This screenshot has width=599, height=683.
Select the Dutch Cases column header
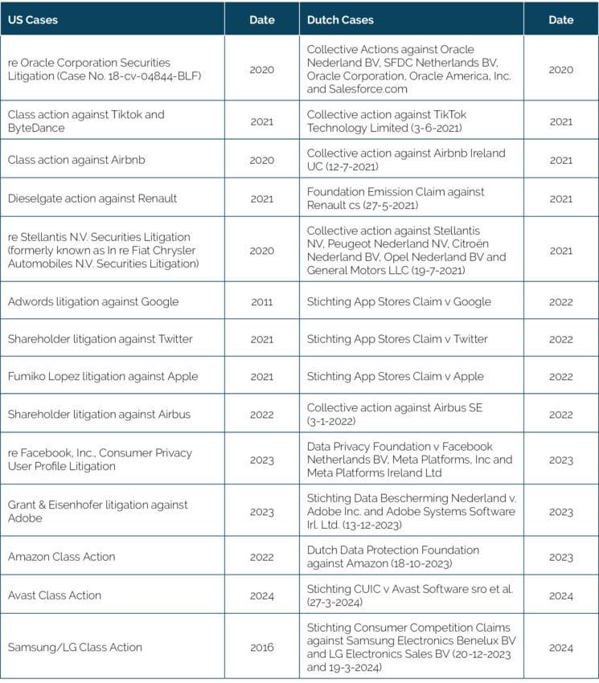tap(340, 19)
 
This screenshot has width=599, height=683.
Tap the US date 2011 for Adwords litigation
tap(261, 302)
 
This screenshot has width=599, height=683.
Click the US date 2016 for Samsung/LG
tap(261, 647)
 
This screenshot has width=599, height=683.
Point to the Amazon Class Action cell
tap(61, 557)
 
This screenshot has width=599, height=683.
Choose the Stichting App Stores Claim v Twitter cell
tap(397, 339)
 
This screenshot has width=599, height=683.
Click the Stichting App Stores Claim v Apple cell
tap(395, 376)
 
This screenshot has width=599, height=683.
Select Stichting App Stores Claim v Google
tap(396, 302)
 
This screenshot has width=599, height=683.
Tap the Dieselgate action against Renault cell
tap(92, 198)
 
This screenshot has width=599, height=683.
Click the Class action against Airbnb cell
tap(76, 160)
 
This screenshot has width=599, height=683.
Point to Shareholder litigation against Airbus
tap(101, 415)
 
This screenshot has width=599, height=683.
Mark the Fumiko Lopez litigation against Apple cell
tap(102, 376)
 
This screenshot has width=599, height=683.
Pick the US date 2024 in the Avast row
tap(261, 595)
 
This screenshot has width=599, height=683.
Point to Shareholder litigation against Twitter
tap(100, 339)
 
